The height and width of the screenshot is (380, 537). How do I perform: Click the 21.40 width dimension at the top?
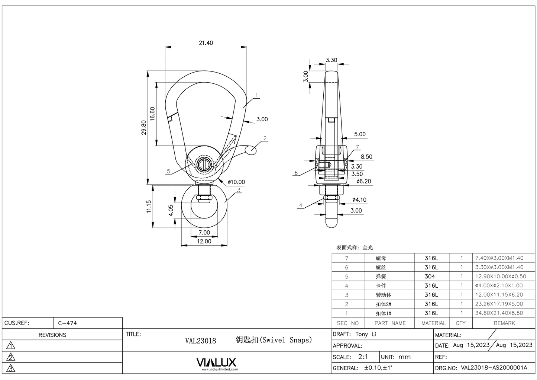click(206, 43)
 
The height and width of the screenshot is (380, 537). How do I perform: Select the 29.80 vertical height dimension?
click(144, 127)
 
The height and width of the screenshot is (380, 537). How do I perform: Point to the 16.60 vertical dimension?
click(152, 114)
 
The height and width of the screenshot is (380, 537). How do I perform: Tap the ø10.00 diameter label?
click(236, 182)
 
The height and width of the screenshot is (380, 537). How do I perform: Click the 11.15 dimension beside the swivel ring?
click(149, 206)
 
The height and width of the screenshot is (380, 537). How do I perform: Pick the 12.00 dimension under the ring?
click(204, 241)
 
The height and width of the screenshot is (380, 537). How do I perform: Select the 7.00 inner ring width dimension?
click(204, 232)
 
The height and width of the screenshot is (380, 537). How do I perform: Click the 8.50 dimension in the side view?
click(366, 157)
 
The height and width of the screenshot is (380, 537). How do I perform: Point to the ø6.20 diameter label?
click(363, 181)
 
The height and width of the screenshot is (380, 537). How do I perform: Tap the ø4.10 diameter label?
click(359, 199)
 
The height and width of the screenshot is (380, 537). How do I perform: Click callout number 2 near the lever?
click(265, 138)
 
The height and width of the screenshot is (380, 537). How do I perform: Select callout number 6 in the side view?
click(296, 173)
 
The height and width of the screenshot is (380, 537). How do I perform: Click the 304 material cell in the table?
click(430, 277)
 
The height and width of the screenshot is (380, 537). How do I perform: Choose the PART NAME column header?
click(390, 323)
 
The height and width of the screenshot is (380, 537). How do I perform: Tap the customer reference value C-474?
click(68, 323)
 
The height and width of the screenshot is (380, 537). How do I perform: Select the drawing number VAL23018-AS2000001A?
click(494, 368)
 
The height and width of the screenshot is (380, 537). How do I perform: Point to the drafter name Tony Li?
click(366, 334)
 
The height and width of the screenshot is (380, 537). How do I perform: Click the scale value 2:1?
click(363, 357)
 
